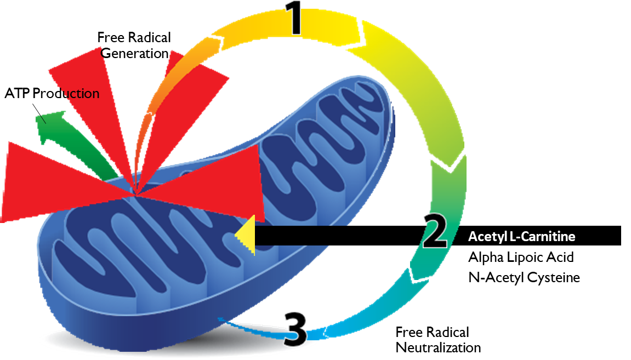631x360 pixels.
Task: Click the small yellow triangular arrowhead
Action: pyautogui.click(x=247, y=235)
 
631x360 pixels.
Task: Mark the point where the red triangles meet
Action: pyautogui.click(x=135, y=192)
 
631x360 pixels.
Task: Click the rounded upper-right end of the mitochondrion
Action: pyautogui.click(x=378, y=99)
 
